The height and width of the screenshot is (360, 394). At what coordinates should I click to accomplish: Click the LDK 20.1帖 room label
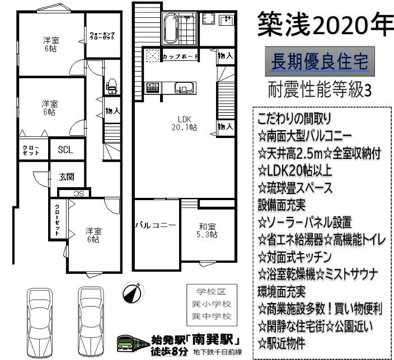point(185,124)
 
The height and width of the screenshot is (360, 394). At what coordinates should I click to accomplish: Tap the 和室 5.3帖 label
point(207,230)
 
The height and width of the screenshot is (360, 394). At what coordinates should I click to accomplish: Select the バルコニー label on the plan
point(156,225)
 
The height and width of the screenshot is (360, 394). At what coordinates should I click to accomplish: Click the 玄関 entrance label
point(67,177)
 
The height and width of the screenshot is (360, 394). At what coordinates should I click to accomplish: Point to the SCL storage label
point(65,150)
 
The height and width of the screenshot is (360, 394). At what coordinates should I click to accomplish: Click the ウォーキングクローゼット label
point(102,35)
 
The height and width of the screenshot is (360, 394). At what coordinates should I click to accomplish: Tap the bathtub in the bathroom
point(171,28)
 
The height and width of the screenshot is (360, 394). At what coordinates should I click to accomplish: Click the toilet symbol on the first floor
point(111,87)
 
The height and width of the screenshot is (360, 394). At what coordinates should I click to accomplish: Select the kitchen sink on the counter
point(184,88)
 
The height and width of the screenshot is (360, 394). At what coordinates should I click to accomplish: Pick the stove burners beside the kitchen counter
point(153,88)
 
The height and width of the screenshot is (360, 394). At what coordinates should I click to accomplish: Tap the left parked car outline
point(40,323)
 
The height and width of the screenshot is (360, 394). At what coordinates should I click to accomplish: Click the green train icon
point(133,343)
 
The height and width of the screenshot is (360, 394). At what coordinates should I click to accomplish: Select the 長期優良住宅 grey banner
point(320,61)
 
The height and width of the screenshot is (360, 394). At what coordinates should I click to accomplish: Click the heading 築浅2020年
point(325,25)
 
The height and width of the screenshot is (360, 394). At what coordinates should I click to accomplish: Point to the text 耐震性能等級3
point(320,89)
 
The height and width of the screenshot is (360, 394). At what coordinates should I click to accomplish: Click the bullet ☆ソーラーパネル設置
point(304,222)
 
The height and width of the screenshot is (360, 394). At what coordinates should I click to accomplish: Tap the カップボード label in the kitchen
point(180,56)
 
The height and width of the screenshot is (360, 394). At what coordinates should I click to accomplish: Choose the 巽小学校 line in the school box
point(212,305)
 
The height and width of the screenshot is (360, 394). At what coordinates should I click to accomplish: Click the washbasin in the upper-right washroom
point(227,20)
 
